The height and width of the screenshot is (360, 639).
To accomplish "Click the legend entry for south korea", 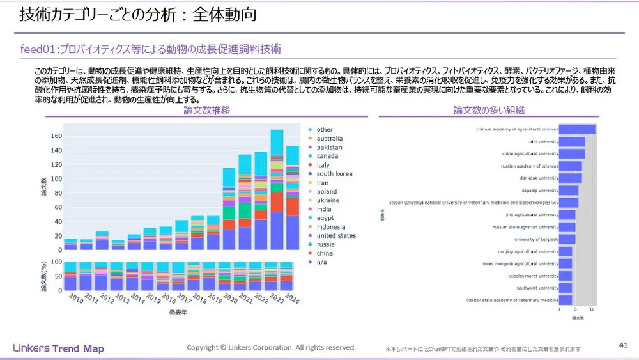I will (334, 174).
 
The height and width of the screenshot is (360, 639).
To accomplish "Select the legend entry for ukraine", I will (328, 200).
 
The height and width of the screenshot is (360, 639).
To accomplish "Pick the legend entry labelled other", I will (325, 130).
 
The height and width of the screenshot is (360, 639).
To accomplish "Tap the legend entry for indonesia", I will (330, 227).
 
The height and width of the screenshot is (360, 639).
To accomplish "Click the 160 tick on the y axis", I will (54, 137).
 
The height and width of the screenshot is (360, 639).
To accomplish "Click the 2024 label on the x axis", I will (292, 299).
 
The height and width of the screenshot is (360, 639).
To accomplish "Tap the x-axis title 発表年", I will (178, 313).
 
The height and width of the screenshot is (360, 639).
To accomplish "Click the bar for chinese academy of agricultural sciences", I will (577, 130).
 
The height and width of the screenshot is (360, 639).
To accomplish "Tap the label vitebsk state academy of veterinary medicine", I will (514, 300).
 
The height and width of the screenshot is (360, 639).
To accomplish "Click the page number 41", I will (623, 345).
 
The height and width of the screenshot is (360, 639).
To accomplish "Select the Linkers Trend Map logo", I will (58, 348).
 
